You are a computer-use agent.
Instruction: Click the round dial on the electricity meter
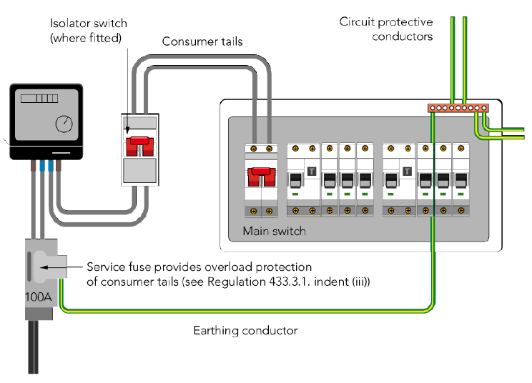(x=64, y=123)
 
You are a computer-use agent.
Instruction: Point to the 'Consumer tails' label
(x=202, y=41)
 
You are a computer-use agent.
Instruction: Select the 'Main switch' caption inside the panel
(x=274, y=231)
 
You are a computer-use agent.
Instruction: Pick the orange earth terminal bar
(x=458, y=108)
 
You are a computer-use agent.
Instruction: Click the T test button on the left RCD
(x=312, y=171)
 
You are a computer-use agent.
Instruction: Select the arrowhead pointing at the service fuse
(x=45, y=269)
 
